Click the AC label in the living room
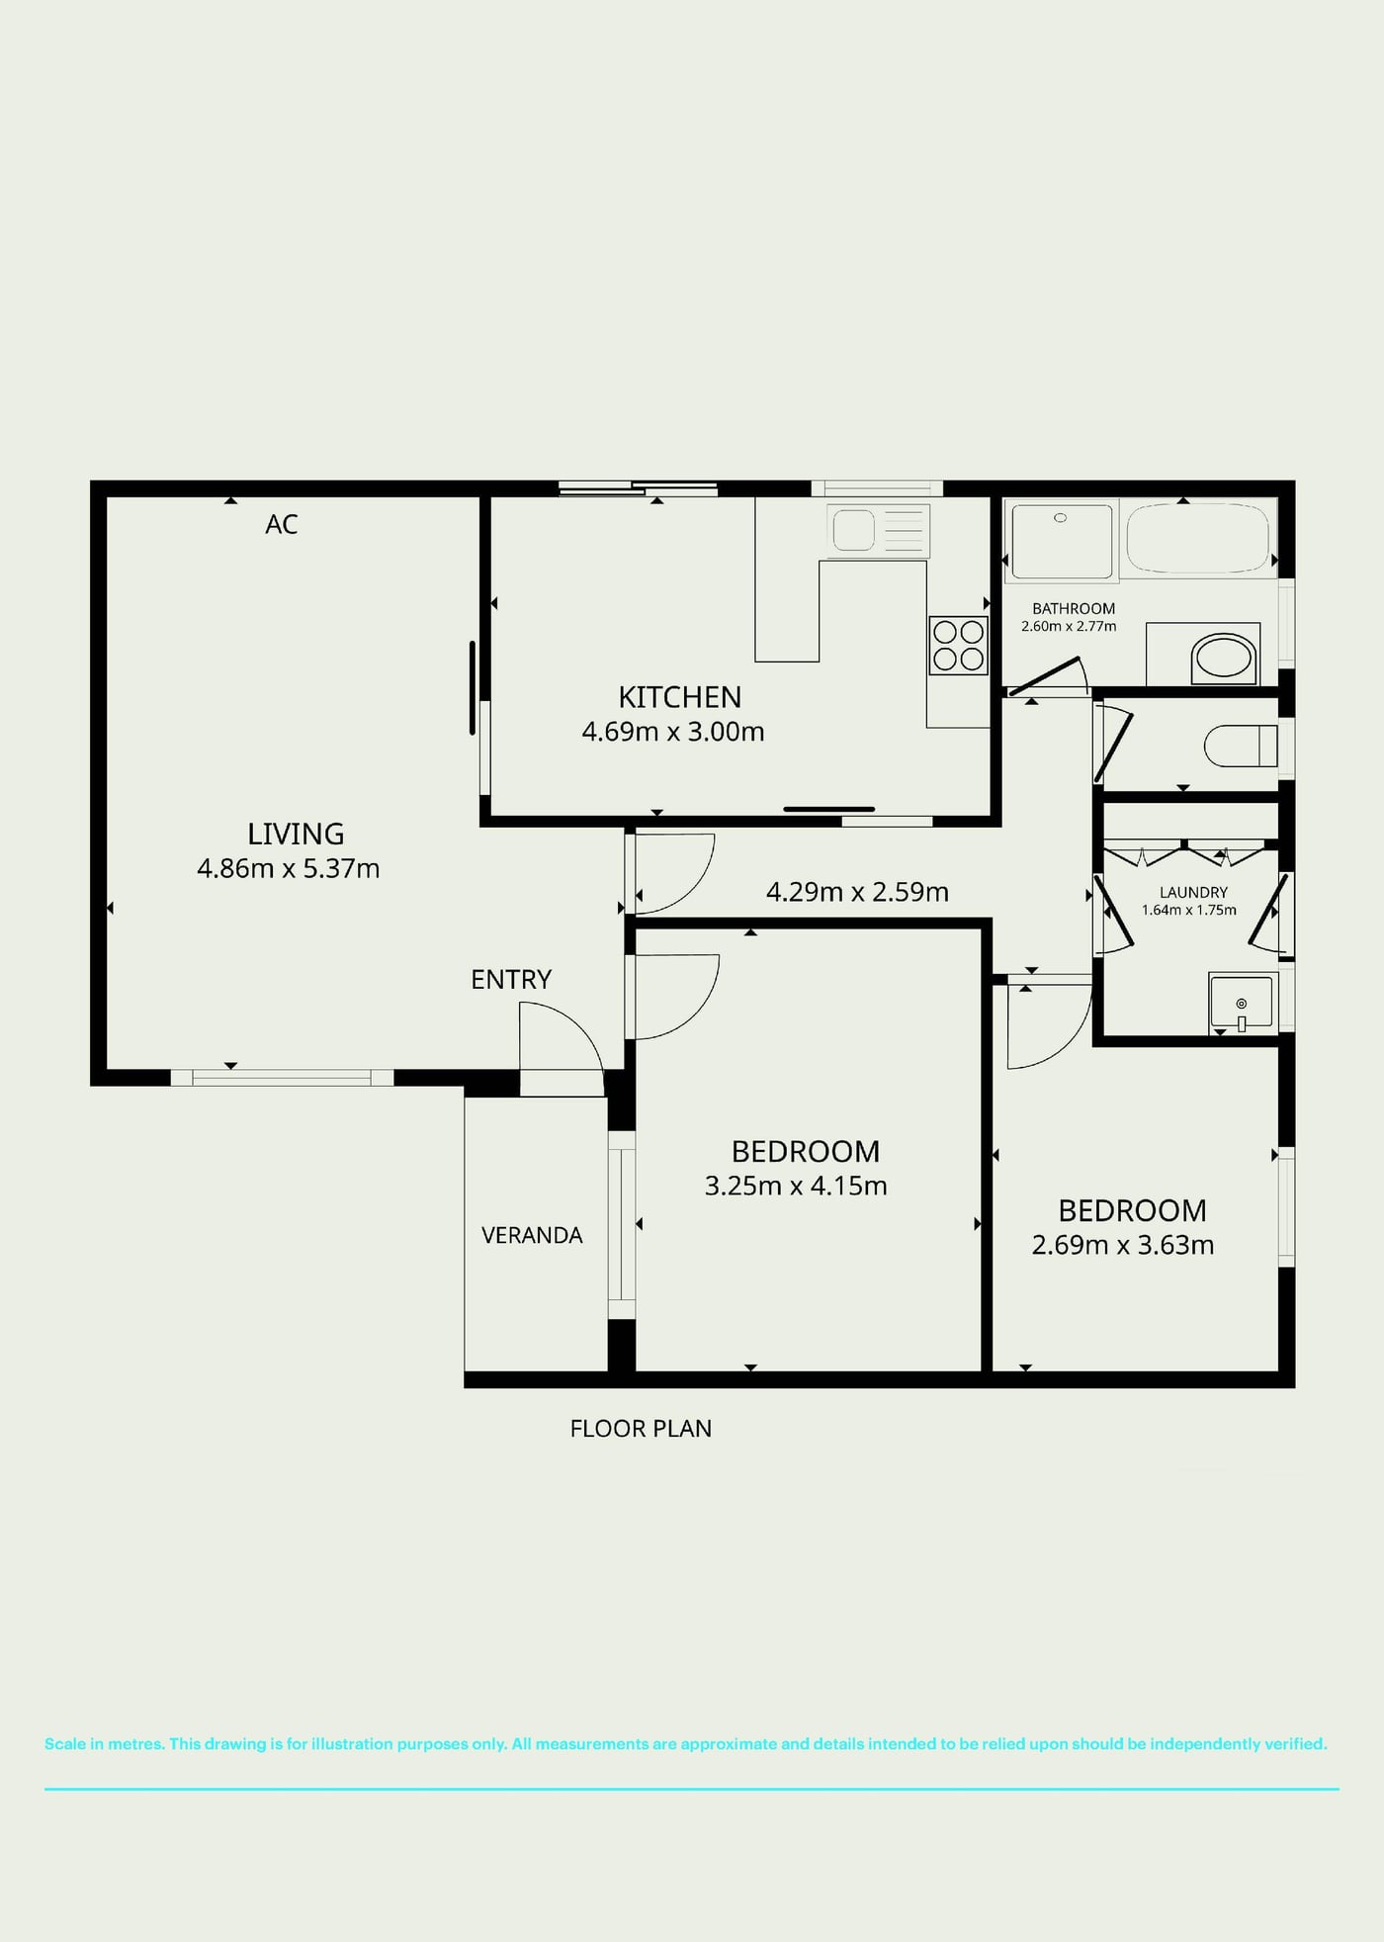[x=282, y=524]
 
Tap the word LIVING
[x=296, y=834]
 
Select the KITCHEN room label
[x=679, y=697]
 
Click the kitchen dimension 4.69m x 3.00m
[x=673, y=732]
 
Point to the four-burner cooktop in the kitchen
[x=958, y=645]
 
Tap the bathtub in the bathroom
[x=1198, y=538]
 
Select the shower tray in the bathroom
[x=1061, y=541]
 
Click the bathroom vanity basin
[x=1224, y=656]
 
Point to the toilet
[x=1240, y=746]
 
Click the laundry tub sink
[x=1241, y=1003]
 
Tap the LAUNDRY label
[x=1193, y=892]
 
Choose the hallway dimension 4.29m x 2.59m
[x=857, y=892]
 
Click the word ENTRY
[x=511, y=979]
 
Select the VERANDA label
[x=532, y=1235]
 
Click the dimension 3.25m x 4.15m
[x=796, y=1186]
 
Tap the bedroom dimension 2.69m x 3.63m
[x=1123, y=1245]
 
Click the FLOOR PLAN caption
[x=641, y=1428]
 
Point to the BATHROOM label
[x=1074, y=608]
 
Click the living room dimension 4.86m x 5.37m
[x=289, y=868]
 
